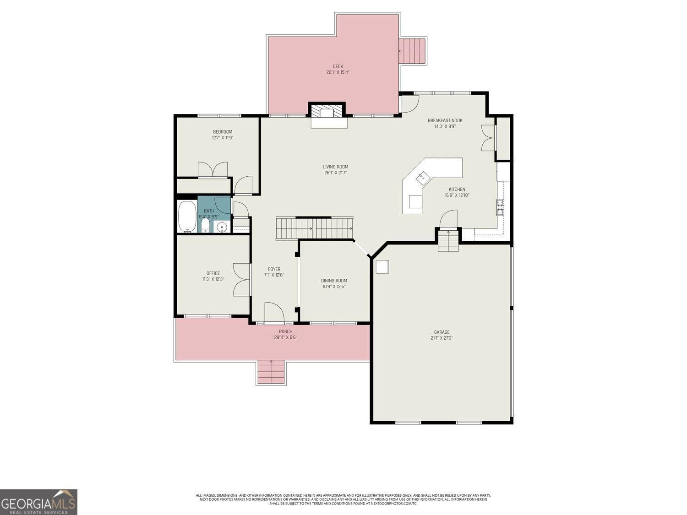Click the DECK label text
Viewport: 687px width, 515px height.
tap(338, 66)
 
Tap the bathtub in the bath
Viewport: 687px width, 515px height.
tap(186, 217)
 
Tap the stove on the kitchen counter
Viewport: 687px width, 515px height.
tap(500, 207)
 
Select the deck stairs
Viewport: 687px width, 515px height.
tap(412, 51)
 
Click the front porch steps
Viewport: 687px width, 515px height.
tap(271, 372)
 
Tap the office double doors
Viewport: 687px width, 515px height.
tap(242, 280)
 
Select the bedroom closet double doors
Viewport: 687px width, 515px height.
tap(213, 169)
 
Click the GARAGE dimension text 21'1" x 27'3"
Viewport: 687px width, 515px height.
tap(442, 338)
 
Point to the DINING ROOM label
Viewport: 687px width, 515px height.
tap(334, 281)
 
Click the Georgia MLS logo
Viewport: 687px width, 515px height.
tap(38, 502)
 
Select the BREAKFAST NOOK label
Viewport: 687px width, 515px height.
tap(445, 120)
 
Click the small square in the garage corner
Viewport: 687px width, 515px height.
tap(382, 267)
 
